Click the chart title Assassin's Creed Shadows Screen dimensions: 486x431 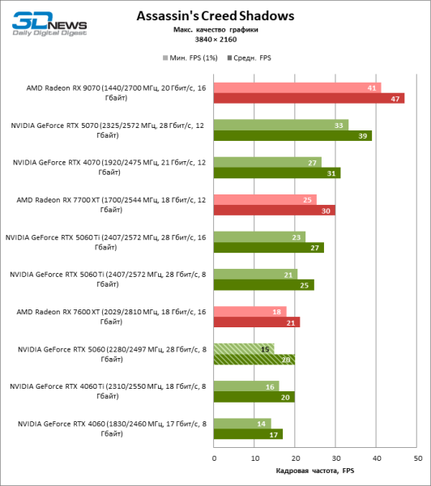(215, 15)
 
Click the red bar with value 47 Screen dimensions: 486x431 (309, 98)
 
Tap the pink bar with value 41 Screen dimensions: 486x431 (297, 87)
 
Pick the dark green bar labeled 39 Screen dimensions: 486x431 (292, 135)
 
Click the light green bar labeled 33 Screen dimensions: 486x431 (280, 125)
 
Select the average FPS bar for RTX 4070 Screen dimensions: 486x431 (276, 173)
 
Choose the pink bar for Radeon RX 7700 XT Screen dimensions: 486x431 (265, 199)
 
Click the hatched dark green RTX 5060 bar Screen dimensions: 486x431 (254, 360)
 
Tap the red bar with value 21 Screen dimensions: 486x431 (256, 322)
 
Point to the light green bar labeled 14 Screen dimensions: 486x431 (241, 424)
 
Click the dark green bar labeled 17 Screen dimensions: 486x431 (248, 434)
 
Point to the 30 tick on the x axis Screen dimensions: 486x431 (336, 458)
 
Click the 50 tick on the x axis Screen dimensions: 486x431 (417, 458)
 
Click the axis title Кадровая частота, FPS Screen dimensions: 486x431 (315, 471)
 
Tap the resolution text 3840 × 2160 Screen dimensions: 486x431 (215, 40)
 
